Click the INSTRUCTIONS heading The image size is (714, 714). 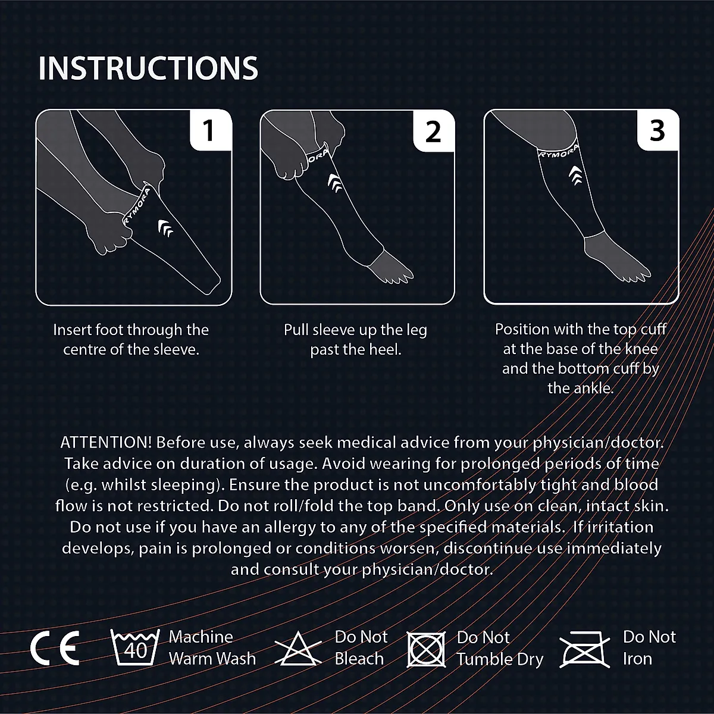tap(148, 68)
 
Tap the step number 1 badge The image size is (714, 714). tap(208, 130)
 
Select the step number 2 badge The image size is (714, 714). tap(433, 130)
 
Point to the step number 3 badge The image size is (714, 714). tap(657, 130)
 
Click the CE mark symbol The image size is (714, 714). tap(55, 648)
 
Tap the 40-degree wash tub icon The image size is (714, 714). tap(136, 648)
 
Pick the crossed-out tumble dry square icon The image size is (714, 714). tap(427, 649)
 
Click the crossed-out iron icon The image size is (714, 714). tap(585, 649)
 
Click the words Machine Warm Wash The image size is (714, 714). tap(212, 648)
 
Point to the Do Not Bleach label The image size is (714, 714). tap(361, 648)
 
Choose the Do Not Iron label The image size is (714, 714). tap(649, 648)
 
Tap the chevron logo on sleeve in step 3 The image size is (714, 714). tap(575, 173)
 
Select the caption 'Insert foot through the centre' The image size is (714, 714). tap(131, 339)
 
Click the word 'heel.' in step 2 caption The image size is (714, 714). tap(384, 349)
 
